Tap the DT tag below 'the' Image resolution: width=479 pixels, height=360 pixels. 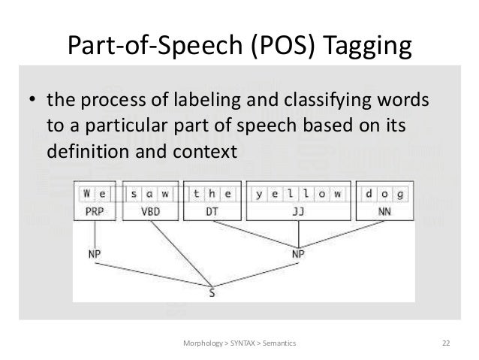(212, 212)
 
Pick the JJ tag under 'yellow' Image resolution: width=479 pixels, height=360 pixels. (298, 212)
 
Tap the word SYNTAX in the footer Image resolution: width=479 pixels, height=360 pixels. (239, 343)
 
